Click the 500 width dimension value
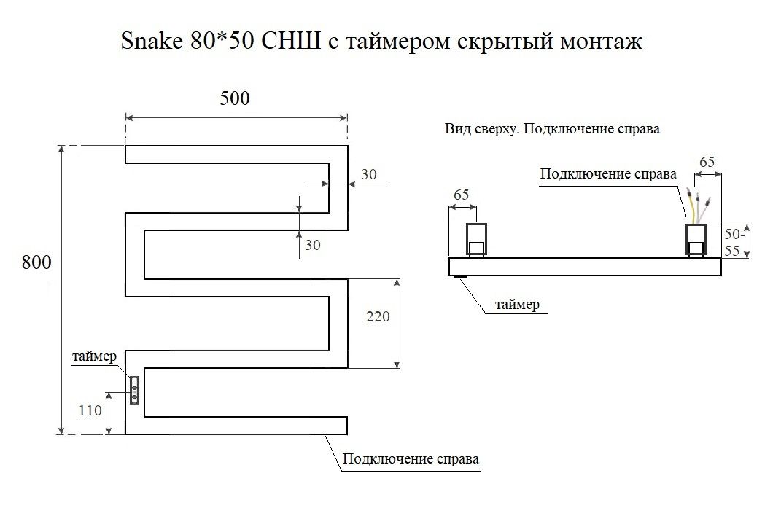235,98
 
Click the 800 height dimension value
36,262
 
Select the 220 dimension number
378,316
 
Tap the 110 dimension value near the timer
90,410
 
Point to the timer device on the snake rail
134,390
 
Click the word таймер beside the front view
95,356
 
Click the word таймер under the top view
517,304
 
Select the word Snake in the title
152,41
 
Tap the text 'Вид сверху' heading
481,129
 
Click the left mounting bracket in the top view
476,241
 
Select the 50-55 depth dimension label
734,241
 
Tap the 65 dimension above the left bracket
461,194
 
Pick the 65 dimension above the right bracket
707,161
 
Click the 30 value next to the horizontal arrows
368,174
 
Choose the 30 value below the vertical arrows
312,245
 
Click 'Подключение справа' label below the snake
411,458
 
